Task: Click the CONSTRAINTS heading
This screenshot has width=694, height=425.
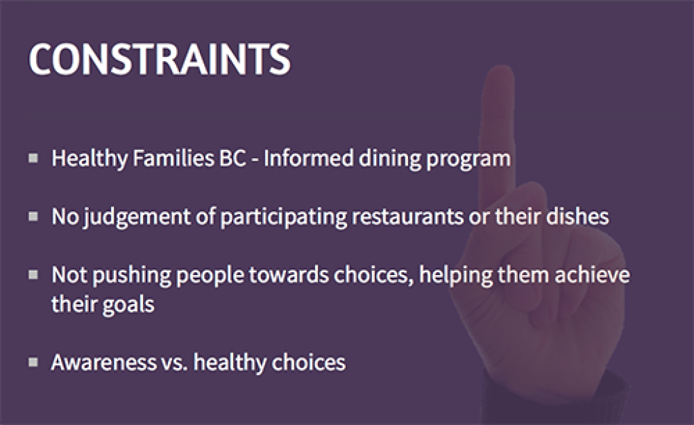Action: pyautogui.click(x=160, y=59)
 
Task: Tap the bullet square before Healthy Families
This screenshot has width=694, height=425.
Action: pyautogui.click(x=33, y=158)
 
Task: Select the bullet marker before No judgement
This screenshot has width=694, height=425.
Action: pyautogui.click(x=33, y=217)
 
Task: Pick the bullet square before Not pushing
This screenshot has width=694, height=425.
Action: pyautogui.click(x=33, y=275)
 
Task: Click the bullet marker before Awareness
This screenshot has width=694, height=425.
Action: pyautogui.click(x=33, y=362)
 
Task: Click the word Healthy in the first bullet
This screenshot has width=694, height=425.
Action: pyautogui.click(x=89, y=159)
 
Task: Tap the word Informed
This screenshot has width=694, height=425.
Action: pyautogui.click(x=308, y=158)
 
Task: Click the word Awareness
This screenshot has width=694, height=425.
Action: pyautogui.click(x=104, y=363)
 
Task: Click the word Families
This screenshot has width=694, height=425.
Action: pyautogui.click(x=173, y=158)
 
